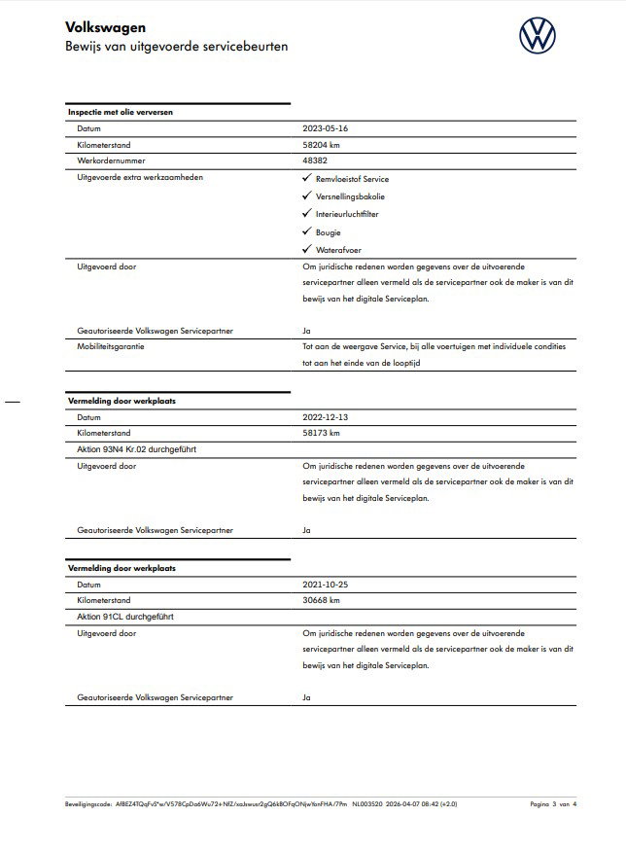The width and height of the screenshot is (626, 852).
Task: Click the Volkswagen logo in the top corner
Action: [x=539, y=37]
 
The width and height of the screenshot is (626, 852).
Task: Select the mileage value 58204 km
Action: [x=322, y=145]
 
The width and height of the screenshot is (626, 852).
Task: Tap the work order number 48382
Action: [x=316, y=161]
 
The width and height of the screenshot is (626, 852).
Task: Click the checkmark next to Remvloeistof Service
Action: [x=307, y=179]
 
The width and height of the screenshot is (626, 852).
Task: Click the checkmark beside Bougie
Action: [x=307, y=231]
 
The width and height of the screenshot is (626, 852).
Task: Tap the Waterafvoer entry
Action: [x=336, y=249]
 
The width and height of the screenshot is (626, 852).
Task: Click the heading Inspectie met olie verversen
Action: [x=121, y=112]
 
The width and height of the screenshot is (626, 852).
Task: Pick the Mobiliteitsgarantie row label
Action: [x=113, y=347]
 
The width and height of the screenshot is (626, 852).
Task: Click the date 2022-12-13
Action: [x=326, y=417]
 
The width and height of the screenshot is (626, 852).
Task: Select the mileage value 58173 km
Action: [x=322, y=433]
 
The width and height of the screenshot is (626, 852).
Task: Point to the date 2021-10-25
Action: [x=326, y=585]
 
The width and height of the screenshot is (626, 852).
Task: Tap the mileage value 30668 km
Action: [x=322, y=601]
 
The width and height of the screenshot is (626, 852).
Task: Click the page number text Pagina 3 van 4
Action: [x=553, y=804]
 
